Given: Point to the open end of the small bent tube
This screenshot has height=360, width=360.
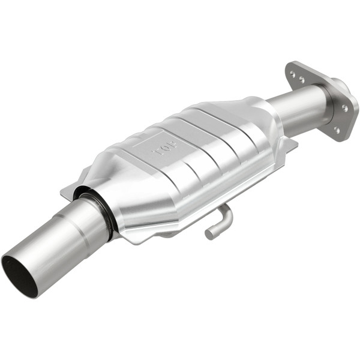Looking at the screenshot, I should [x=209, y=234].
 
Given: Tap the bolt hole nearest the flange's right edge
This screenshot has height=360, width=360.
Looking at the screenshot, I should [x=344, y=108].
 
